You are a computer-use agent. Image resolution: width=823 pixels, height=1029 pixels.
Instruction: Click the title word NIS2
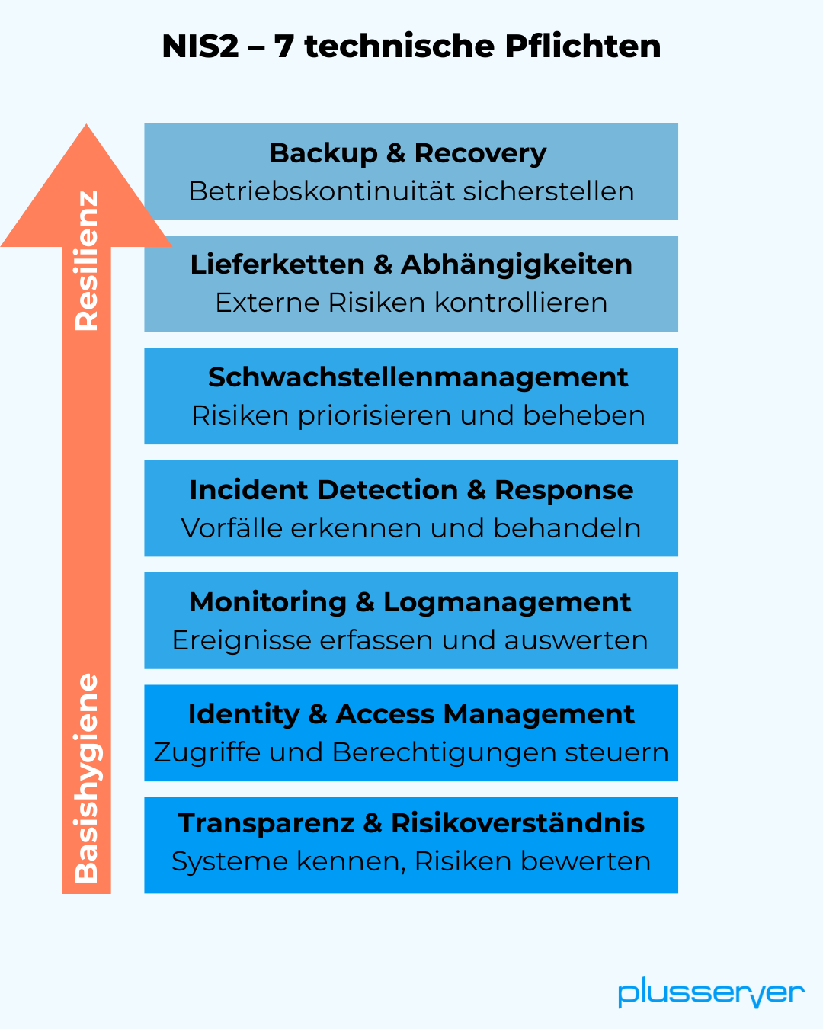(200, 46)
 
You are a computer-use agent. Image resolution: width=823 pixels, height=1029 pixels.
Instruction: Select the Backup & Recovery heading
(408, 153)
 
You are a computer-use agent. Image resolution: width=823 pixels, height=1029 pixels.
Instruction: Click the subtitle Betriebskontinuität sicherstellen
(411, 191)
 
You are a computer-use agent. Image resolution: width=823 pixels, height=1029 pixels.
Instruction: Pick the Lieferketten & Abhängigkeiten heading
(411, 264)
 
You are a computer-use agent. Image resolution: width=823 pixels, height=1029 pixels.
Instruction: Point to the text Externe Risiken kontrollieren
(411, 303)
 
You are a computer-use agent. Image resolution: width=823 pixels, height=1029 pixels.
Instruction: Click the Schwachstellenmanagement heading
(418, 377)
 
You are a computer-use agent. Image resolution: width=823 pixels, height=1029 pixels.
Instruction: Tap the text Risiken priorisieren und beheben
(418, 415)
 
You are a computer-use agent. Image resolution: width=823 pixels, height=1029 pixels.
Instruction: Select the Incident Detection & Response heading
(411, 489)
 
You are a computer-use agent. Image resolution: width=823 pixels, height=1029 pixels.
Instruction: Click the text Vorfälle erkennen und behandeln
(411, 527)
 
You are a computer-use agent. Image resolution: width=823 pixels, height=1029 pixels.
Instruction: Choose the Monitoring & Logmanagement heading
(410, 602)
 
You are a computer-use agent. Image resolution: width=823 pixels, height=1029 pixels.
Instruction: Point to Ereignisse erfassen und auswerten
(410, 640)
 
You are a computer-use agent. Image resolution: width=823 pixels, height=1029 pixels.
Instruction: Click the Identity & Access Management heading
(411, 714)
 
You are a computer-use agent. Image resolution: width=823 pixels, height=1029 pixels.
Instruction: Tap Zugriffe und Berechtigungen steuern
(411, 752)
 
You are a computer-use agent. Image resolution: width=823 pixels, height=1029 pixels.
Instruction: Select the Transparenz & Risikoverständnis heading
(411, 823)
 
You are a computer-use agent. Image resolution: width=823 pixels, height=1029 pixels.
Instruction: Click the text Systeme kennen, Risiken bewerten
(411, 861)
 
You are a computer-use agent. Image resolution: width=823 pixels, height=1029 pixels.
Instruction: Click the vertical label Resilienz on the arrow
(87, 261)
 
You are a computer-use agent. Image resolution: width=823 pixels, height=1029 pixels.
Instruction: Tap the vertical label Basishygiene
(87, 777)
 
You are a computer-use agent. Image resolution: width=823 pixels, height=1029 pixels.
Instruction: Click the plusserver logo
(710, 993)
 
